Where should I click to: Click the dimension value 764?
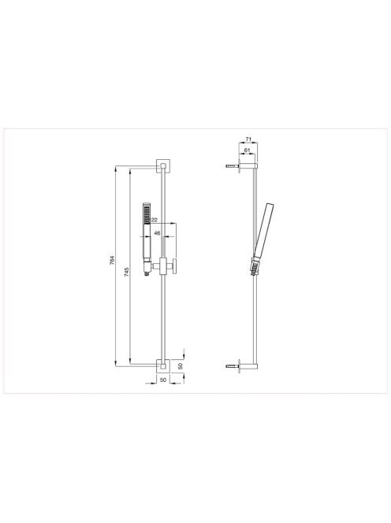112,260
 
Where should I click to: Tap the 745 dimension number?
127,272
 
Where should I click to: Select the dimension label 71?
248,139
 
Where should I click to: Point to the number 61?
247,150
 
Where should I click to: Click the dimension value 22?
155,220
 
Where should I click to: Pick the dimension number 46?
158,233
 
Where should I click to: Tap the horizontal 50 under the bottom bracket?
163,380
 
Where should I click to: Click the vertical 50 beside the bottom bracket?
181,366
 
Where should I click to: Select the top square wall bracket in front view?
163,165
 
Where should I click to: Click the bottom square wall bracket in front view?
163,366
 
